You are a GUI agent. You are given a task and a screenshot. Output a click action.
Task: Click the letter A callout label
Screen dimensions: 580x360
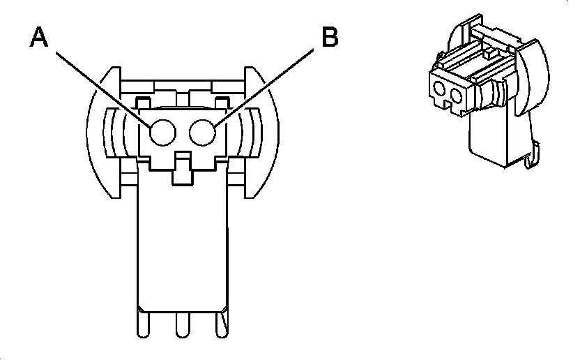(40, 38)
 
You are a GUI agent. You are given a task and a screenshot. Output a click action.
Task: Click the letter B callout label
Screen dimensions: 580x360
(329, 38)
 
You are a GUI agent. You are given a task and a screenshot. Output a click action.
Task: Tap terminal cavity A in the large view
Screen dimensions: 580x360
(163, 132)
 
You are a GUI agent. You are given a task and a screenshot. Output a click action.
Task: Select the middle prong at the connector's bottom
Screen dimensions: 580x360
(183, 324)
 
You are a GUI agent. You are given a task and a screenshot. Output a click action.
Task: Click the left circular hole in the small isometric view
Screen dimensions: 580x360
(441, 89)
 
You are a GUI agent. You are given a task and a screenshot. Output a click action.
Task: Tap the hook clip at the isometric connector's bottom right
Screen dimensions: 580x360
(535, 155)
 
